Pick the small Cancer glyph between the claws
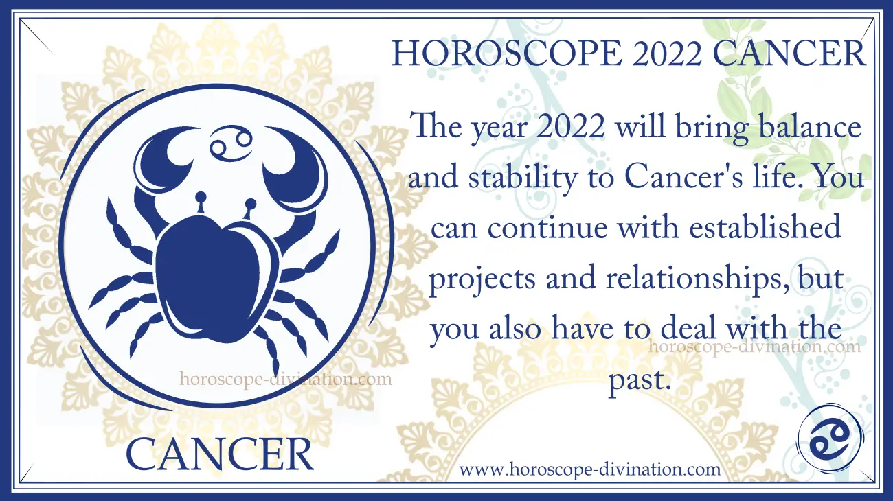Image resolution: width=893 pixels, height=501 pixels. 231,143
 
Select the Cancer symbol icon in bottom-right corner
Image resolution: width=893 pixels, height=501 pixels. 830,445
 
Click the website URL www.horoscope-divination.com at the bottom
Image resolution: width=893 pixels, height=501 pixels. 590,469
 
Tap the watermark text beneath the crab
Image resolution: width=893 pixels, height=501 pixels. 286,379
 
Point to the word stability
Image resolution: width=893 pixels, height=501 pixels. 523,178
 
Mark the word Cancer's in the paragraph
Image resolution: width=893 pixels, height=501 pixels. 683,178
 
